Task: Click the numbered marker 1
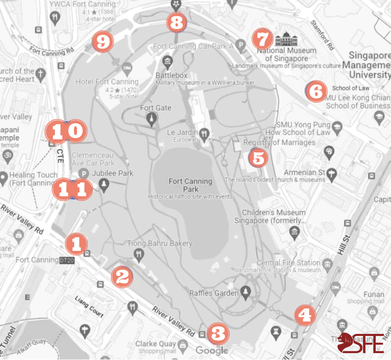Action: coord(76,243)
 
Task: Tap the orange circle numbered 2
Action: coord(122,277)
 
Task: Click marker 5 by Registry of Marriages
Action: coord(259,158)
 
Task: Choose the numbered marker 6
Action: coord(316,91)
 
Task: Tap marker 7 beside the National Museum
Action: coord(262,38)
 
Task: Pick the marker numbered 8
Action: coord(177,22)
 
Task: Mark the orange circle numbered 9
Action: coord(102,42)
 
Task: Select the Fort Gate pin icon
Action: coord(152,118)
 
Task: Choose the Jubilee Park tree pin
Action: coord(104,184)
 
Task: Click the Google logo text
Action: coord(212,350)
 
